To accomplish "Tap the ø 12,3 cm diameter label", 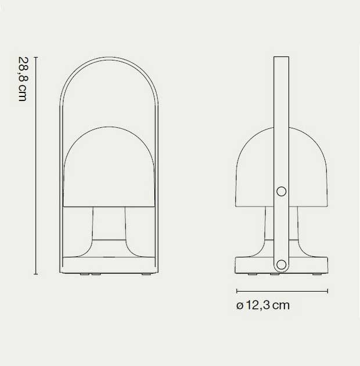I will point(263,306).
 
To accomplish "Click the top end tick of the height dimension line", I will point(36,58).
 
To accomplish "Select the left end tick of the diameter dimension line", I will point(237,290).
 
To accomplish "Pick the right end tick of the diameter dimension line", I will point(328,290).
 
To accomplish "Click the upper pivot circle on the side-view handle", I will point(282,191).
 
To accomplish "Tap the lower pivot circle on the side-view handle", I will point(282,265).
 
